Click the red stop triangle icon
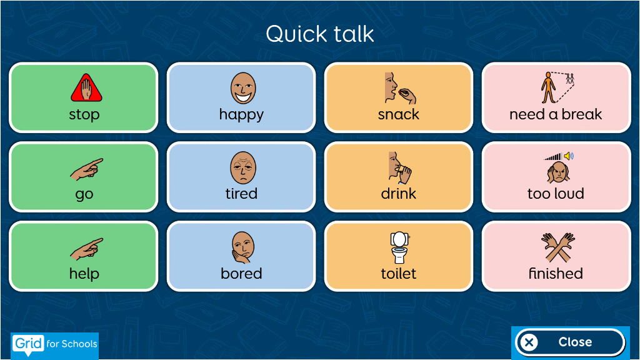tap(86, 87)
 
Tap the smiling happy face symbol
tap(243, 88)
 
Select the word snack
tap(398, 115)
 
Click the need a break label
tap(556, 114)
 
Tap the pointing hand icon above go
tap(86, 169)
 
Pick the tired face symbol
tap(243, 167)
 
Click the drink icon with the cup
tap(400, 167)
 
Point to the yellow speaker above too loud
tap(569, 156)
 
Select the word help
tap(84, 273)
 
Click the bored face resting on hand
tap(243, 247)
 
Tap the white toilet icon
tap(399, 247)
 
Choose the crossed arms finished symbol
tap(558, 247)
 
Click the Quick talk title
tap(319, 34)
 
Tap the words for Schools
tap(72, 344)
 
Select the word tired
tap(241, 194)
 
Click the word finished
tap(556, 273)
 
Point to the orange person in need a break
tap(548, 87)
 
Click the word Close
tap(575, 342)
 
